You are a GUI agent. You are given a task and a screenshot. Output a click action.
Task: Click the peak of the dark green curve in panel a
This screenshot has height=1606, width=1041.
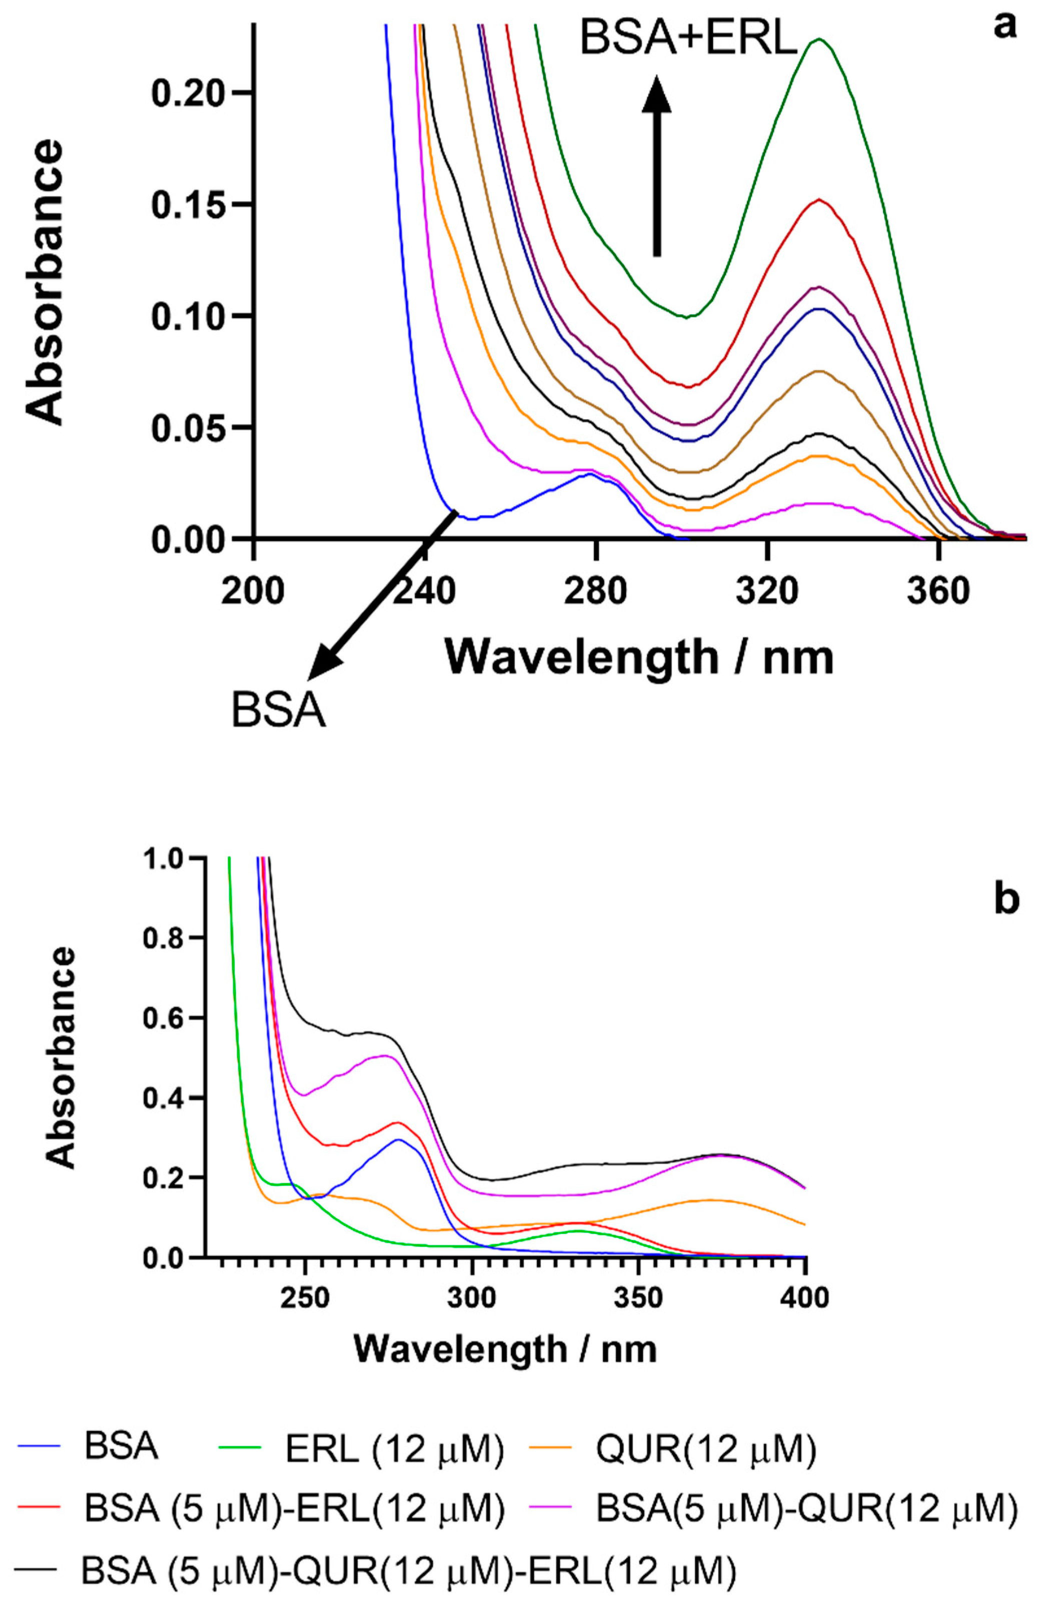coord(819,39)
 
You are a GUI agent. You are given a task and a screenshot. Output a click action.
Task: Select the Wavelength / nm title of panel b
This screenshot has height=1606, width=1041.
coord(505,1348)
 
